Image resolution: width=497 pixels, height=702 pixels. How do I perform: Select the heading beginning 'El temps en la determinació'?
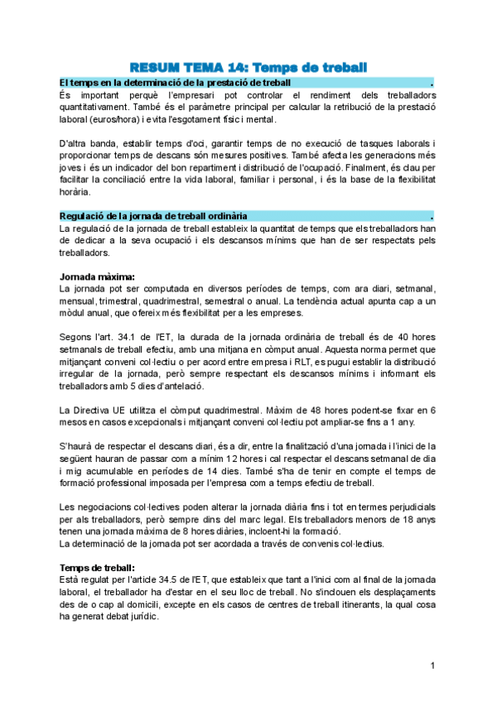click(175, 84)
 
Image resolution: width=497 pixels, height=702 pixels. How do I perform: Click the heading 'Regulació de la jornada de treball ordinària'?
click(153, 215)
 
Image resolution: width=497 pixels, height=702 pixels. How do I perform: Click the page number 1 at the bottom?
click(432, 666)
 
